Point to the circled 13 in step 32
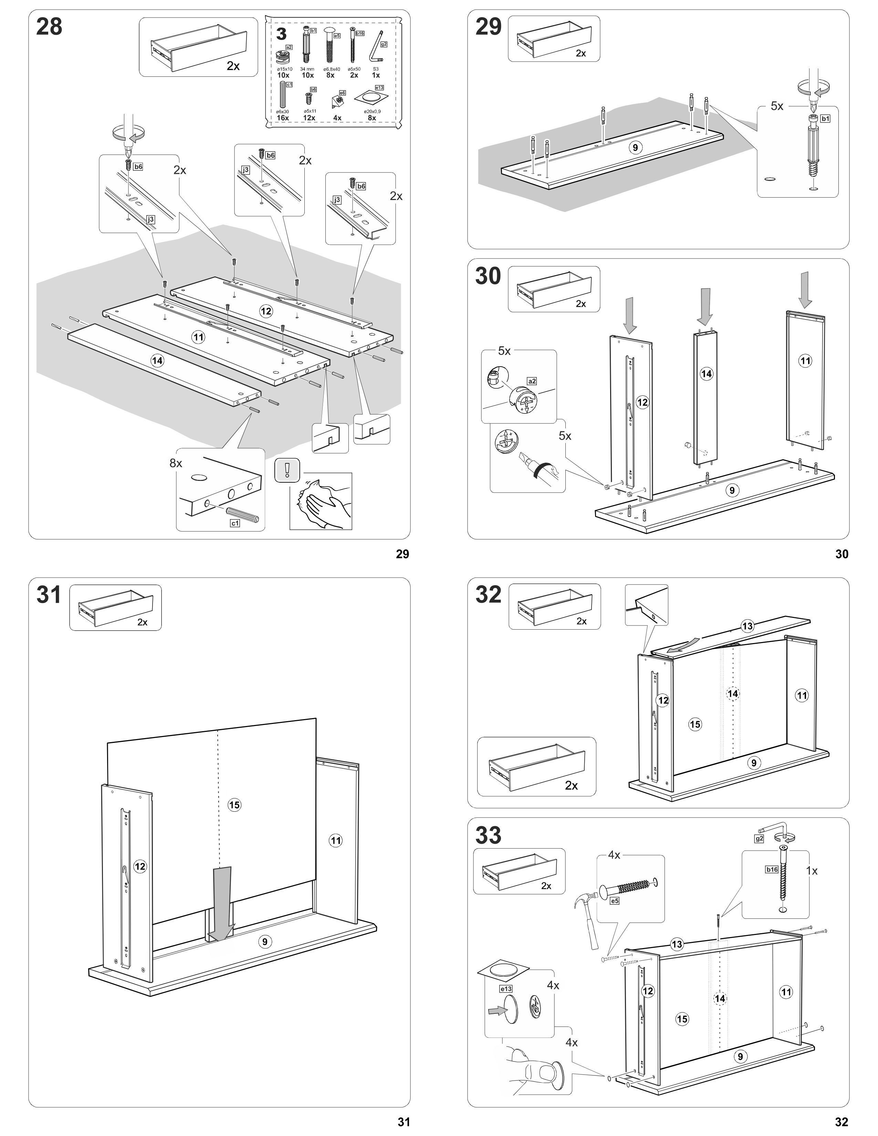[x=748, y=626]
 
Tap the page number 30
[x=842, y=554]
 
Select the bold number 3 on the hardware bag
[x=281, y=34]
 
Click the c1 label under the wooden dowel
[x=235, y=523]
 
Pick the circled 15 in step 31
[x=234, y=805]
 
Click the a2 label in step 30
[x=532, y=381]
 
